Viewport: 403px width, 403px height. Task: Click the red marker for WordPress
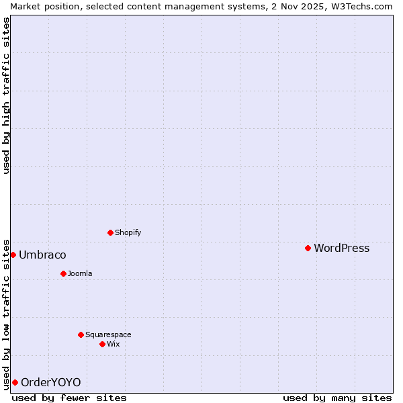[x=308, y=248]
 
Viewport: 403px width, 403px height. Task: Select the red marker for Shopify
[x=110, y=232]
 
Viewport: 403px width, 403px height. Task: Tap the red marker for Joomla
[x=63, y=273]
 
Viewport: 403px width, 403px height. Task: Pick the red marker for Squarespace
[x=81, y=334]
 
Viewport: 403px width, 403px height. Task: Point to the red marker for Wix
[x=102, y=344]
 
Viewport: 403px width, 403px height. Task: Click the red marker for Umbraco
[x=13, y=255]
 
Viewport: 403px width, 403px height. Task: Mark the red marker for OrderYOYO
[x=15, y=382]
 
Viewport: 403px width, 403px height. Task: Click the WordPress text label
[x=341, y=248]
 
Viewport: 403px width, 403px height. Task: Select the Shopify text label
[x=128, y=232]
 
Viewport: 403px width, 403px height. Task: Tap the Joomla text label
[x=80, y=273]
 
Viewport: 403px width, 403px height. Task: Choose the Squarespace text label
[x=108, y=334]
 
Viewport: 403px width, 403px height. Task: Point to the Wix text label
[x=113, y=344]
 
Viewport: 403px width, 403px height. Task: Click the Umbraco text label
[x=42, y=255]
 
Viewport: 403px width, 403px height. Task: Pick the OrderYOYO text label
[x=50, y=382]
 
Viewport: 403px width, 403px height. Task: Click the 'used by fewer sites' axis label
[x=69, y=398]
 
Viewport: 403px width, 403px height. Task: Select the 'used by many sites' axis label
[x=337, y=398]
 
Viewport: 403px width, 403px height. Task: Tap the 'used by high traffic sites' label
[x=6, y=95]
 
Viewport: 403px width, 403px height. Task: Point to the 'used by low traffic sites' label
[x=6, y=314]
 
